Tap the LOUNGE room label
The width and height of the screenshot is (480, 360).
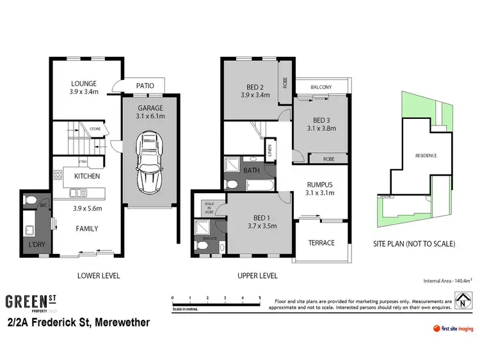pyautogui.click(x=83, y=83)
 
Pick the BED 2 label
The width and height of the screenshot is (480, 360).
pyautogui.click(x=255, y=87)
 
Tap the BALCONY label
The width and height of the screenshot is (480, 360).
pyautogui.click(x=321, y=88)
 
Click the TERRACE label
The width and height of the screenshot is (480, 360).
pyautogui.click(x=321, y=242)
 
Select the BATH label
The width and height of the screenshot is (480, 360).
pyautogui.click(x=252, y=170)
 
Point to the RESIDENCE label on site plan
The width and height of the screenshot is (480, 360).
pyautogui.click(x=426, y=155)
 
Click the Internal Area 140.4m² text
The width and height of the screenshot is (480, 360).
pyautogui.click(x=448, y=280)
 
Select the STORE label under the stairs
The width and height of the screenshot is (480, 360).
pyautogui.click(x=95, y=129)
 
